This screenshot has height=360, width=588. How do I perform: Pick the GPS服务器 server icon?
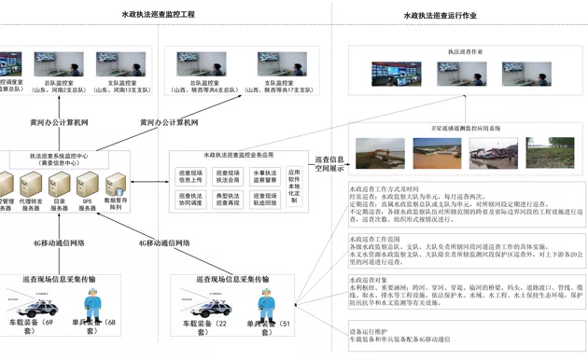[89, 183]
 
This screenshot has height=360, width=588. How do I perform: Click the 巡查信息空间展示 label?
[329, 164]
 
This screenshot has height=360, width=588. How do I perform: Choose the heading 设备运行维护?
[369, 331]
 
